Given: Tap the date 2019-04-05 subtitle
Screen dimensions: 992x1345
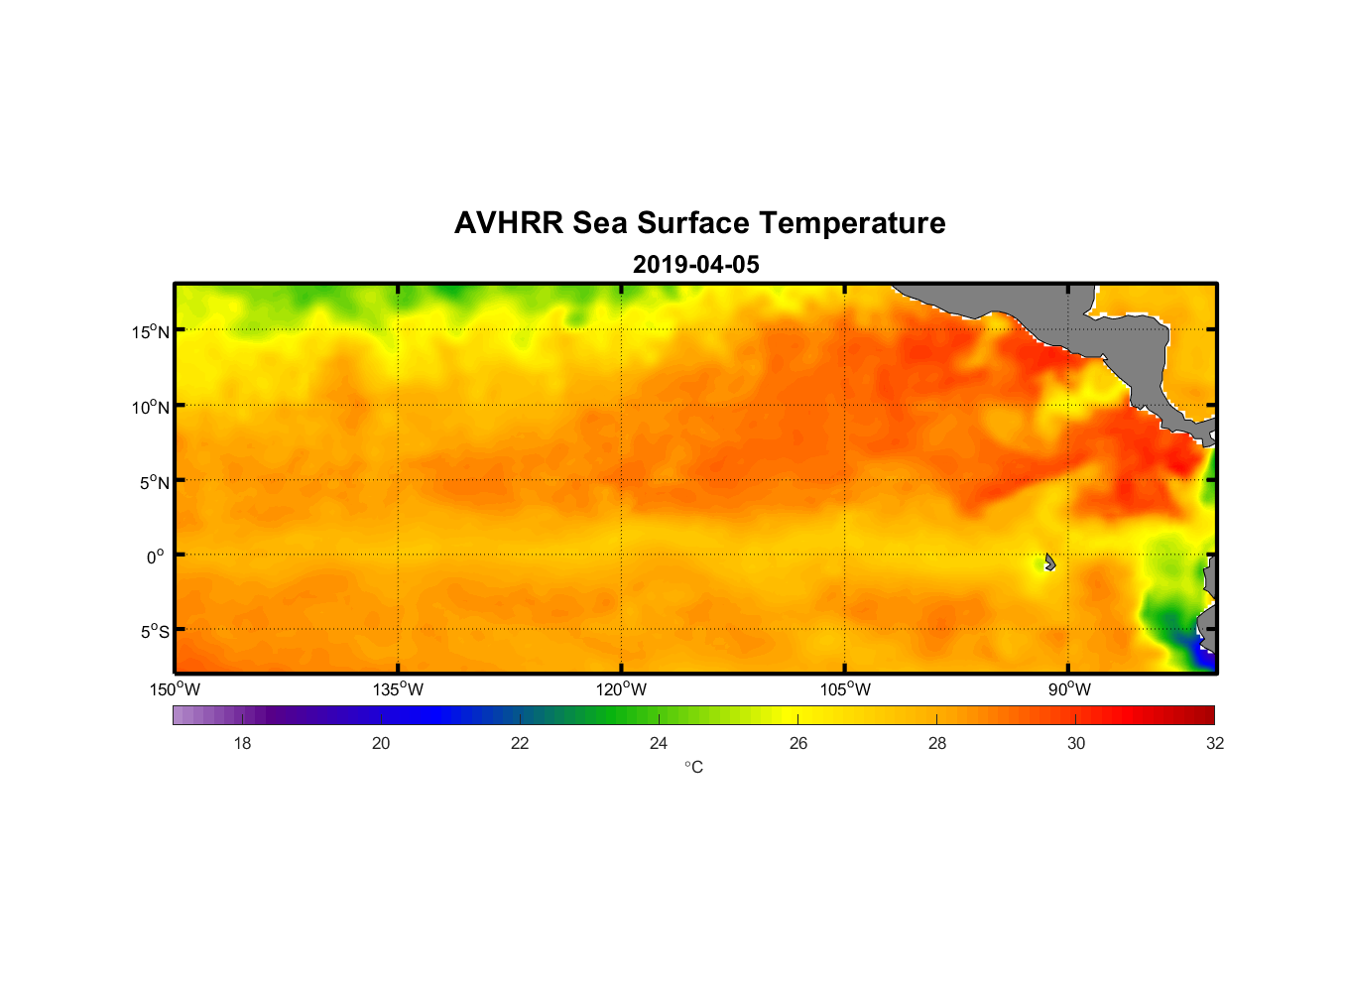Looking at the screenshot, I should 695,265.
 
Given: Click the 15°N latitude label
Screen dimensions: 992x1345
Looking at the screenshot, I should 151,331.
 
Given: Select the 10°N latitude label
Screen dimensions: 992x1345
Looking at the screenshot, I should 151,407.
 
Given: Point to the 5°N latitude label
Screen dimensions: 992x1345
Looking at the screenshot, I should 155,482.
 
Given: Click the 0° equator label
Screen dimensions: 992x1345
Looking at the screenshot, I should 156,557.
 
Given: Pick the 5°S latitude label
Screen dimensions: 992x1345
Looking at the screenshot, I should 155,632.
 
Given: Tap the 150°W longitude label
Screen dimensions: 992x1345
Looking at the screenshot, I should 175,689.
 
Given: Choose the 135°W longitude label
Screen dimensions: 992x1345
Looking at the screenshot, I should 398,689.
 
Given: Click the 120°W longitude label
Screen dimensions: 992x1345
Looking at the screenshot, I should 621,689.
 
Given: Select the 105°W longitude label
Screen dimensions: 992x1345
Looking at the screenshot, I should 845,689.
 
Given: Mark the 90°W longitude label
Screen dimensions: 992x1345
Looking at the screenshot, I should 1069,689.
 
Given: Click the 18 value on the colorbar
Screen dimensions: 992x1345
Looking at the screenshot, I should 242,743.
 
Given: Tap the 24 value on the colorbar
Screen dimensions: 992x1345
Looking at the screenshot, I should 659,743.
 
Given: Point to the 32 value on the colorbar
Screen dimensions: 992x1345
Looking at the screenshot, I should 1215,743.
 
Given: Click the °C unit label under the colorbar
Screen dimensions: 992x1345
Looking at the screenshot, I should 693,768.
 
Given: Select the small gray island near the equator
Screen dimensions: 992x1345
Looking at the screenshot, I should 1049,561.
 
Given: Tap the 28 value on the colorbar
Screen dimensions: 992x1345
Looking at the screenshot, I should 937,743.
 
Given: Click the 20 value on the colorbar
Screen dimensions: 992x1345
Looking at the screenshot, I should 381,743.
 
